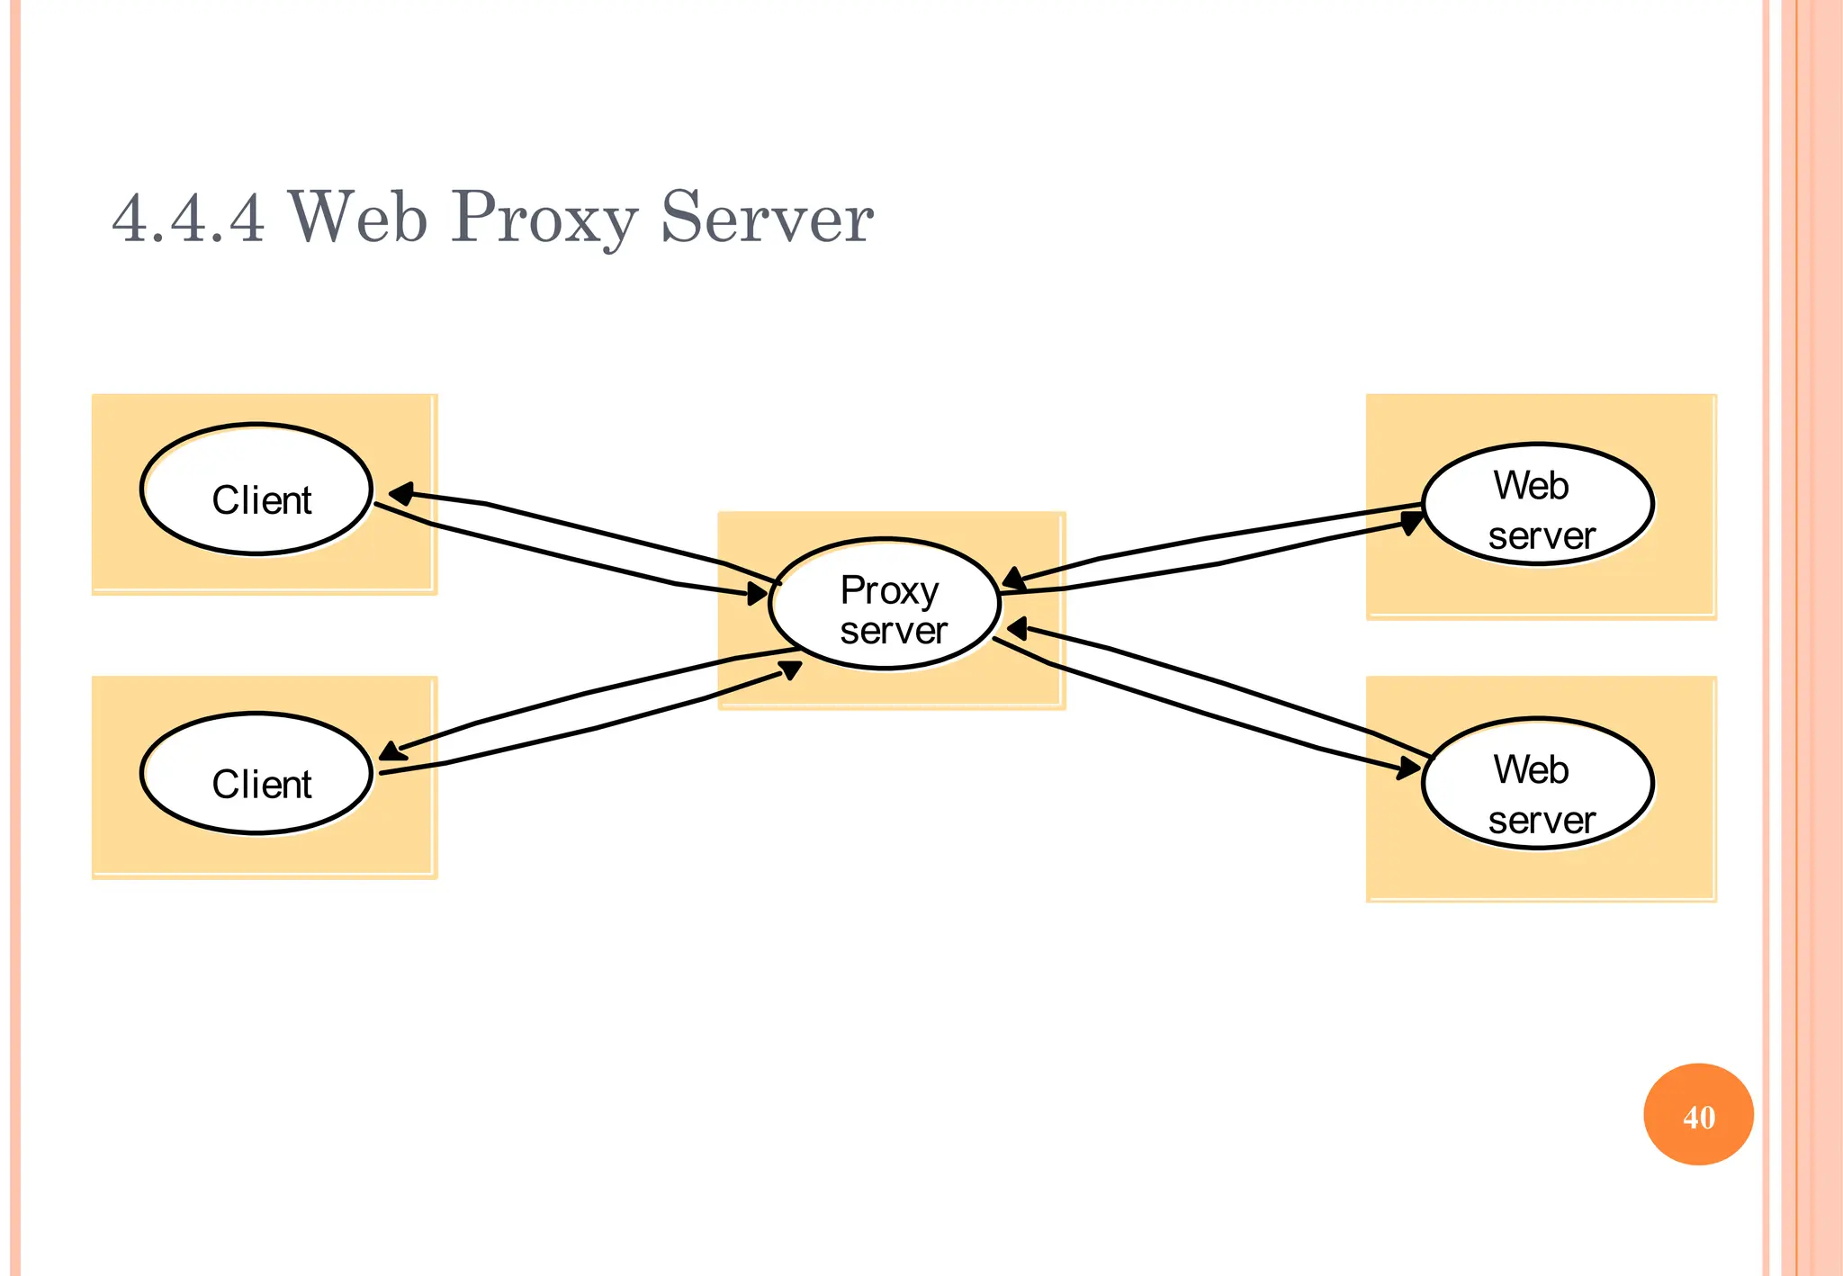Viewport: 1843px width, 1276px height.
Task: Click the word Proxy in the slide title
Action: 544,219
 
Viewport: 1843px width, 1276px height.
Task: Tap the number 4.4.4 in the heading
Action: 188,219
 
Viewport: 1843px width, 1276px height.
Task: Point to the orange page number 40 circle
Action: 1698,1114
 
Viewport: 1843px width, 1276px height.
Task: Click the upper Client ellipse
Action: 256,490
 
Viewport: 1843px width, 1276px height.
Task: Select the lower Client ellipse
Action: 256,774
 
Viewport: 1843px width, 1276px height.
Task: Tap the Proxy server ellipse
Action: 885,605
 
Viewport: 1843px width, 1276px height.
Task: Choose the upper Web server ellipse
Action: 1537,505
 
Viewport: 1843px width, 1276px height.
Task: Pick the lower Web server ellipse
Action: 1537,784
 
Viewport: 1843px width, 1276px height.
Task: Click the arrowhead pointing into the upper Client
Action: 400,493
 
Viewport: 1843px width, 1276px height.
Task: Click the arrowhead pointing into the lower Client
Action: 391,750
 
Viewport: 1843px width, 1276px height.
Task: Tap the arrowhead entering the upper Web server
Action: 1413,521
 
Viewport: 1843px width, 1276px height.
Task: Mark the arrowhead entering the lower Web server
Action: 1408,768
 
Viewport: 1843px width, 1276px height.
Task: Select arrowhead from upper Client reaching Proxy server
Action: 758,593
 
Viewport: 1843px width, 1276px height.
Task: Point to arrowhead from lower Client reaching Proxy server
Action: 790,669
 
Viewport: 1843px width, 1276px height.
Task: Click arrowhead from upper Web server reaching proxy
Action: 1013,579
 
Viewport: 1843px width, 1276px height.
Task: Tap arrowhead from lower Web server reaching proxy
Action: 1017,628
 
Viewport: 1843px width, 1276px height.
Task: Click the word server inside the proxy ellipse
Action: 893,631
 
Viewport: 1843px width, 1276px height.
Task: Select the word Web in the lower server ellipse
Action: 1531,769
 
